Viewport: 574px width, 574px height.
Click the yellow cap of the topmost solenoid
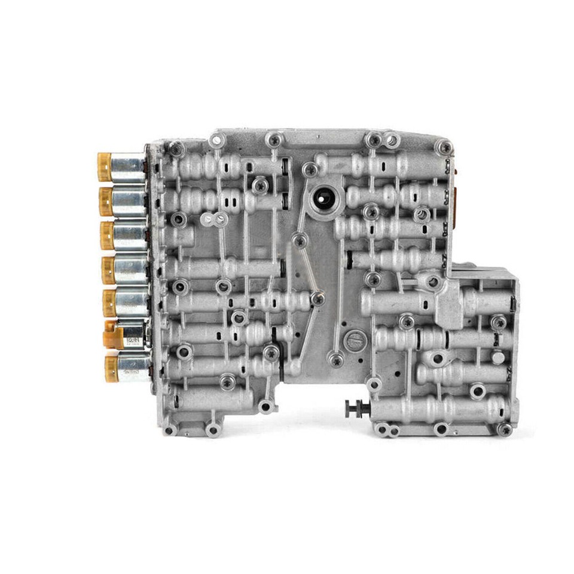pos(105,167)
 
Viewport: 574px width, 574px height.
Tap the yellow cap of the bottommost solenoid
pos(111,368)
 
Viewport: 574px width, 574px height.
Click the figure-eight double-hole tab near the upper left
pos(213,219)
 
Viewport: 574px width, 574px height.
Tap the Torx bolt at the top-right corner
pos(443,146)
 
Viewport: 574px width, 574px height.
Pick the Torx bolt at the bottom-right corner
pos(505,429)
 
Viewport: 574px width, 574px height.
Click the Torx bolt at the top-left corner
pos(176,148)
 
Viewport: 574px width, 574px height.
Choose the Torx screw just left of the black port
pos(309,169)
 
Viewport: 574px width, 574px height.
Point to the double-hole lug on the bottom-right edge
pos(386,429)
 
